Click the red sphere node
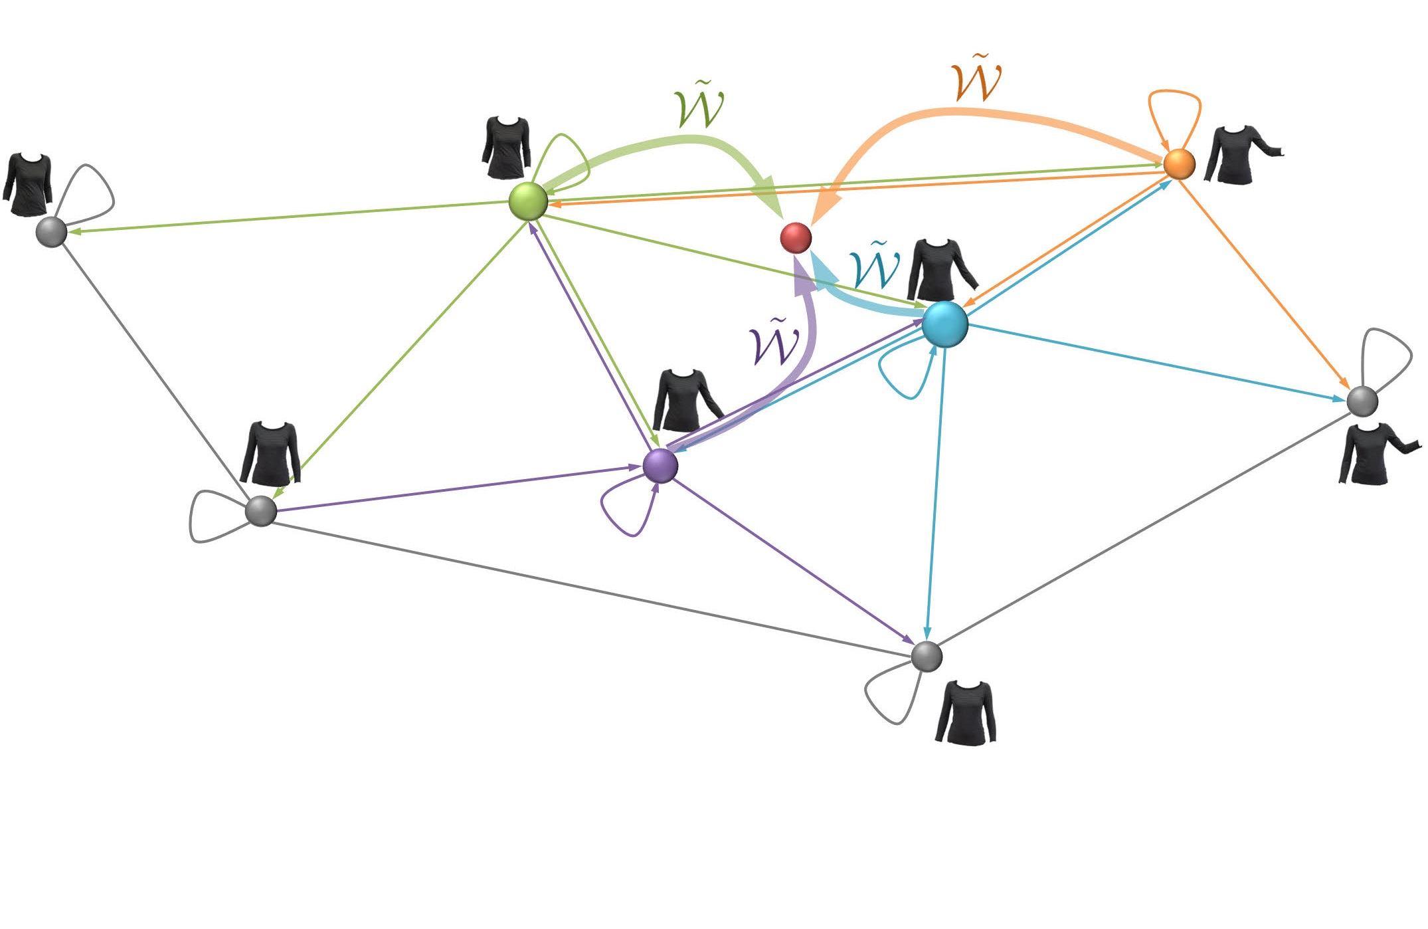pos(795,237)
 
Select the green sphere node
pos(528,201)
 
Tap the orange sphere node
pos(1179,164)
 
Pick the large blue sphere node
pos(944,324)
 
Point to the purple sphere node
pos(660,465)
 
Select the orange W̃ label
pos(976,80)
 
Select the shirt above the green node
pos(506,148)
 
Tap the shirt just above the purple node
pos(684,400)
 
